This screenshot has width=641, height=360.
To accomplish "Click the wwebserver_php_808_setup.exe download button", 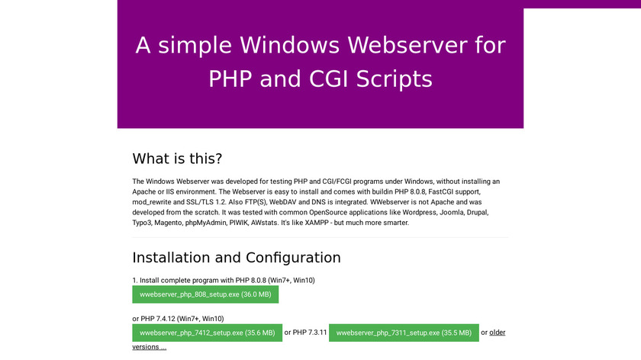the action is coord(205,294).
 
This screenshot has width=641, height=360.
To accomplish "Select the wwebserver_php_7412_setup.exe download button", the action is coord(208,333).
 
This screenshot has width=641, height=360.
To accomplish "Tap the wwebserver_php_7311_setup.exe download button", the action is coord(404,333).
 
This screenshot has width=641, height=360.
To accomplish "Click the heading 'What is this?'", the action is coord(177,159).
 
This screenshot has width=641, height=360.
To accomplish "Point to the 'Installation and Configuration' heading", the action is coord(237,258).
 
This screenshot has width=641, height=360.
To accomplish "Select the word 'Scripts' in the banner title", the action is coord(394,79).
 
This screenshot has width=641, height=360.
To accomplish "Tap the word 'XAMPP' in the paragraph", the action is coord(316,223).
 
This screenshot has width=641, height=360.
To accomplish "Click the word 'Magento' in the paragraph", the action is coord(168,223).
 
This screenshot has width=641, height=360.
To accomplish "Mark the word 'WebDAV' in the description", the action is coord(282,202).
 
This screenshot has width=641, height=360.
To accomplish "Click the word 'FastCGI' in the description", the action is coord(441,191).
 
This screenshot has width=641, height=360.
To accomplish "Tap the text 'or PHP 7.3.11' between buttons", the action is coord(305,333).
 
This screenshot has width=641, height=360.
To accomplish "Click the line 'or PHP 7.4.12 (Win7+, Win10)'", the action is coord(178,319).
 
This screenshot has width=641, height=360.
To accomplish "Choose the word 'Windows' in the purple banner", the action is coord(289,45).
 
